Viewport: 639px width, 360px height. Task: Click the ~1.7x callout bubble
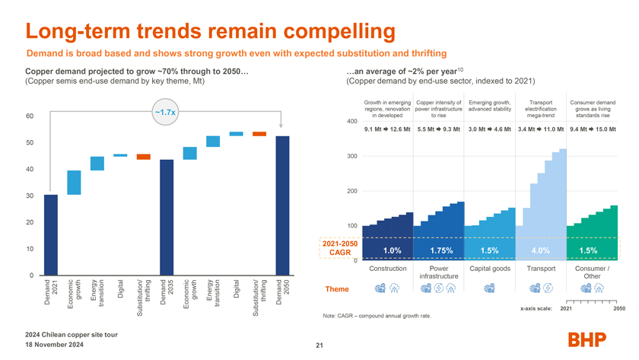pos(165,112)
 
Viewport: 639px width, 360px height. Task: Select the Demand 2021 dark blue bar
pos(51,234)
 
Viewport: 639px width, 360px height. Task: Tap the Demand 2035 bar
pos(167,217)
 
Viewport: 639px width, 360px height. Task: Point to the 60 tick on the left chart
pos(29,116)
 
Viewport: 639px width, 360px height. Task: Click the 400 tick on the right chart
pos(352,122)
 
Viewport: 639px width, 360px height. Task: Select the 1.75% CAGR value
pos(441,250)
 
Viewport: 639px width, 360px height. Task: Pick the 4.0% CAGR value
pos(541,250)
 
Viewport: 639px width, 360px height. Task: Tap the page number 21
pos(319,347)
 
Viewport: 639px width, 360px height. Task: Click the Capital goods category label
pos(490,268)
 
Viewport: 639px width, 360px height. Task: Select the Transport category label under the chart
pos(541,268)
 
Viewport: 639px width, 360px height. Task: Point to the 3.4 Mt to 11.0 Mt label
pos(541,129)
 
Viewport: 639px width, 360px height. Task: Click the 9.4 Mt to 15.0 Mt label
pos(593,129)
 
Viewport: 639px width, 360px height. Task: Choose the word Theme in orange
pos(337,289)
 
